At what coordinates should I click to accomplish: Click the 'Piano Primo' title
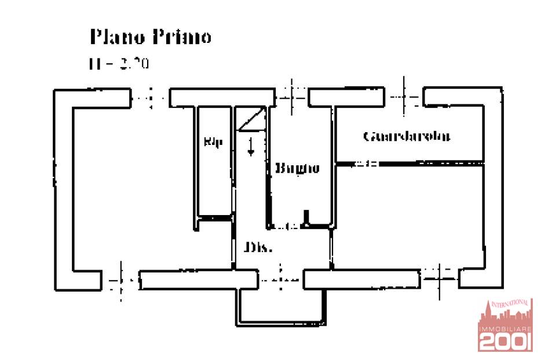pos(150,37)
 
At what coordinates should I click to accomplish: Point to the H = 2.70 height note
pos(119,63)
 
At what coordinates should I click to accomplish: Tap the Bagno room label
pos(297,169)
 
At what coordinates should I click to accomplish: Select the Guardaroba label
pos(407,137)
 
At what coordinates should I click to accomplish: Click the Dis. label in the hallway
pos(258,248)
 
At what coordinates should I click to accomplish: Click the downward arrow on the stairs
pos(251,147)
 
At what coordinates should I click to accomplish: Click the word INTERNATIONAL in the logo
pos(509,303)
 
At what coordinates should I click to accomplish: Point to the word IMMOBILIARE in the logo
pos(505,329)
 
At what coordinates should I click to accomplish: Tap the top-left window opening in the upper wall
pos(149,97)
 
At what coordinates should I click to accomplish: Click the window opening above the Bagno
pos(291,97)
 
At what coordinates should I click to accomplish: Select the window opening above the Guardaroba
pos(405,97)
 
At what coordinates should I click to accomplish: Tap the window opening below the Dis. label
pos(280,279)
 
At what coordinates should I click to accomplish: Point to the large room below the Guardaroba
pos(408,214)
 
